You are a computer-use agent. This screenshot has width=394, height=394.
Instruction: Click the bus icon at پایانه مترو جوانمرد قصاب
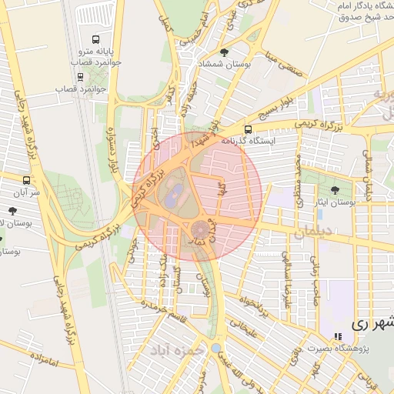coord(96,39)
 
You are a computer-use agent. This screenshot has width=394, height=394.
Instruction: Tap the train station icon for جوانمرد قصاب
coord(81,77)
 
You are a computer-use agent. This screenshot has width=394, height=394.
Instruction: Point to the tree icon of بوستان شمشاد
coord(224,52)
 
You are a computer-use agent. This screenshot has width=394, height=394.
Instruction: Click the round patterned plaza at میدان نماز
coord(200,229)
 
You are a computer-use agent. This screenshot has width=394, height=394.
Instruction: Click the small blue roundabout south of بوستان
coord(215,348)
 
